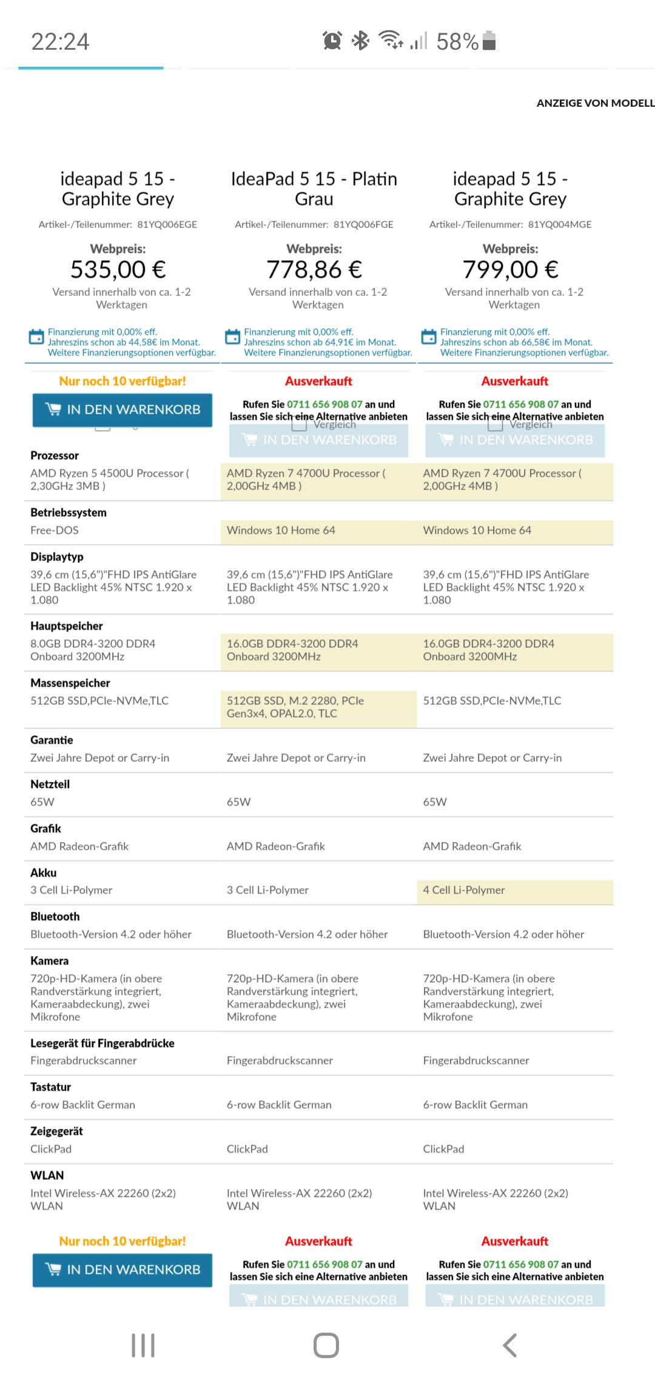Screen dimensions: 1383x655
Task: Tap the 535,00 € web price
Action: [x=118, y=269]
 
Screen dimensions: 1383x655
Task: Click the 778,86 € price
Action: [x=314, y=269]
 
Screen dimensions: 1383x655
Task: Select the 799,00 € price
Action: [x=511, y=269]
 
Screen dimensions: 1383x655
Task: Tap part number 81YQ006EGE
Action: [x=167, y=224]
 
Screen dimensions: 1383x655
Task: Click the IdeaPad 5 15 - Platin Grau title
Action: [x=314, y=189]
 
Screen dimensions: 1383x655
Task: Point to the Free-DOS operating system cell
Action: [x=55, y=530]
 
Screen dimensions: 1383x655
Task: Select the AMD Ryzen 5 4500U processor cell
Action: [x=109, y=479]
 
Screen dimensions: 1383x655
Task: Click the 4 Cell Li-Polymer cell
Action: [x=464, y=890]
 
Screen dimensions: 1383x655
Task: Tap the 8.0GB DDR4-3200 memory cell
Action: [x=93, y=650]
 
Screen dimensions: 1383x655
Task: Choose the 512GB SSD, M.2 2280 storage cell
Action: [x=295, y=707]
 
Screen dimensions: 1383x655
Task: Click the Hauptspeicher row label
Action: [x=67, y=626]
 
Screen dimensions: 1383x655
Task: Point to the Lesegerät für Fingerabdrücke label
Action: [x=102, y=1043]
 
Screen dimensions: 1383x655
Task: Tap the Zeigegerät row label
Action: [x=56, y=1131]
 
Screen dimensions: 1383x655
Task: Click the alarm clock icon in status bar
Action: [x=332, y=41]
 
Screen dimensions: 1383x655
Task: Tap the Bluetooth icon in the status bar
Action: [x=361, y=41]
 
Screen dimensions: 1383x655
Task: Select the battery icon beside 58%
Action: [x=489, y=41]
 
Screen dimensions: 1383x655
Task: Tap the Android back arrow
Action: [x=510, y=1345]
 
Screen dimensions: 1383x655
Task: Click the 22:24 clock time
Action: [x=60, y=42]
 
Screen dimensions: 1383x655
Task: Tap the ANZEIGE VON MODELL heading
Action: [x=595, y=103]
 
